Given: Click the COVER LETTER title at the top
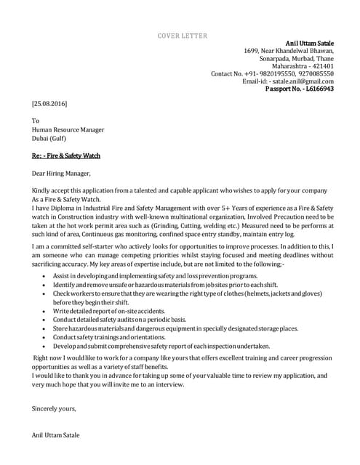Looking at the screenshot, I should click(x=183, y=36).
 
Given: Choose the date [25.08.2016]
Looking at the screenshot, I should click(x=49, y=104).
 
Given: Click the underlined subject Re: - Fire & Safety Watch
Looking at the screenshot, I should click(x=65, y=155).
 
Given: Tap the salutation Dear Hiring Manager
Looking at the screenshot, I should click(x=61, y=174).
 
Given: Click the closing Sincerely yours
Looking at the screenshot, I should click(x=54, y=408).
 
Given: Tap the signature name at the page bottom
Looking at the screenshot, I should click(x=56, y=434).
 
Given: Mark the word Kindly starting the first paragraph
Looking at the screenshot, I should click(x=41, y=189).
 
